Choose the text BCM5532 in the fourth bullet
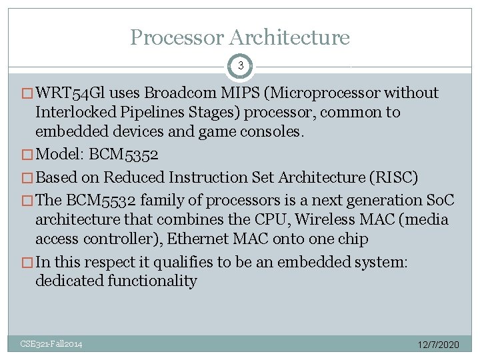click(x=95, y=201)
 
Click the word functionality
click(x=151, y=281)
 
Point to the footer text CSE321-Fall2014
click(x=51, y=344)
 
